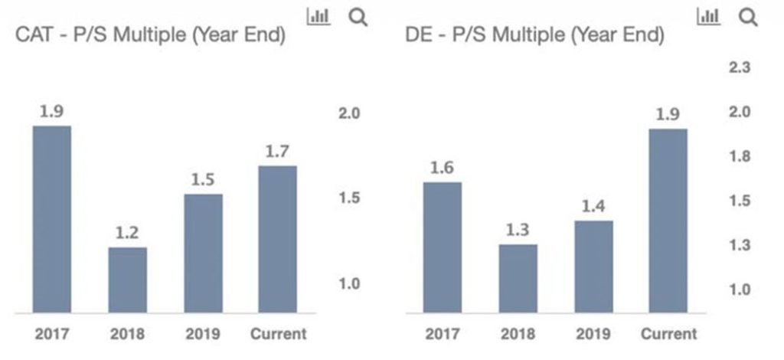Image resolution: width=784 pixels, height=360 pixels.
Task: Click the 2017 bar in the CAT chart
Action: click(x=51, y=219)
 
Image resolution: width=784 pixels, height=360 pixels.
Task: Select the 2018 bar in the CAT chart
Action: click(x=127, y=280)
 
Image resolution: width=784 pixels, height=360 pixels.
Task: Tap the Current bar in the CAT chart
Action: click(x=277, y=239)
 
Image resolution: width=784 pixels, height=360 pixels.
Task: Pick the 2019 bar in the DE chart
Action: click(x=593, y=267)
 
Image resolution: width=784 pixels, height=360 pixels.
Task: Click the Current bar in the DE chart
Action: click(x=668, y=221)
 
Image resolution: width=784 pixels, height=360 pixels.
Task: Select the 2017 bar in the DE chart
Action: click(x=442, y=247)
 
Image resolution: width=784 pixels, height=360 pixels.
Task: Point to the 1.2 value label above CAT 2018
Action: click(x=127, y=233)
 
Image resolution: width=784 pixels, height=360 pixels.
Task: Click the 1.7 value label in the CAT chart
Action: click(x=277, y=152)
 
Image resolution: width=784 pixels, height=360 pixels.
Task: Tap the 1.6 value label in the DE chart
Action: click(x=442, y=168)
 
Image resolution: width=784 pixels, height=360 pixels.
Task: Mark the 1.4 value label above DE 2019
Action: click(x=593, y=206)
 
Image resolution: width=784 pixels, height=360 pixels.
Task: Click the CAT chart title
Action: click(x=151, y=35)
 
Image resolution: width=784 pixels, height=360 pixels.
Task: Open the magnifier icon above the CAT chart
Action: click(x=358, y=17)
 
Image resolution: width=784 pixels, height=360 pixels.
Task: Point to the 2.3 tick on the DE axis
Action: click(x=740, y=67)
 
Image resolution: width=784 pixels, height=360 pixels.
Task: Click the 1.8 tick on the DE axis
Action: click(x=740, y=157)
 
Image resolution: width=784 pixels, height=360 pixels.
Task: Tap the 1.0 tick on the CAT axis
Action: click(x=349, y=284)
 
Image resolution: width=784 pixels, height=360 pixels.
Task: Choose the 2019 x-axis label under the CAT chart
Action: click(x=202, y=334)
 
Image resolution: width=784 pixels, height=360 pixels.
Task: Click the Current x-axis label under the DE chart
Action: click(x=668, y=334)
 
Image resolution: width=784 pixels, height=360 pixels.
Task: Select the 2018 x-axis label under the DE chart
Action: click(x=518, y=334)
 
